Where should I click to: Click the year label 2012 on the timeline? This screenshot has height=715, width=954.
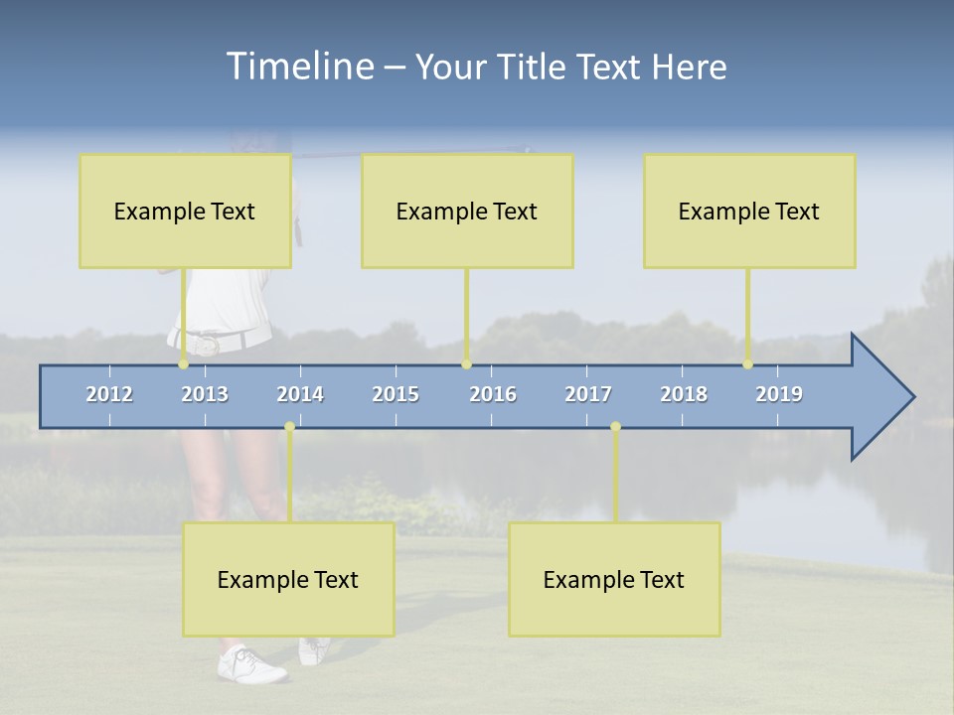[109, 394]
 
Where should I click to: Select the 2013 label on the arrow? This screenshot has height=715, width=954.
[205, 394]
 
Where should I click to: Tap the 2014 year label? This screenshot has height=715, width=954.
[300, 394]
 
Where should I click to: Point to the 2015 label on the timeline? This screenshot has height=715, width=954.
[396, 394]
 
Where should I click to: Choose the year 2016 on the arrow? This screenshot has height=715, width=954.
[493, 394]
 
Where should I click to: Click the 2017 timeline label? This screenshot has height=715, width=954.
[588, 394]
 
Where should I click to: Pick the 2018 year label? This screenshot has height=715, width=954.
[684, 394]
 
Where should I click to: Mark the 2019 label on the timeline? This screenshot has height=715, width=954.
[779, 394]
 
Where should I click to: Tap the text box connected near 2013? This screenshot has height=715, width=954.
[185, 211]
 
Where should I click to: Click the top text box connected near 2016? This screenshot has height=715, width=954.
[467, 211]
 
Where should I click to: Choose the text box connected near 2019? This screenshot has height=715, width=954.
[749, 211]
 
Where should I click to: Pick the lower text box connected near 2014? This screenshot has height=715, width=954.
[288, 579]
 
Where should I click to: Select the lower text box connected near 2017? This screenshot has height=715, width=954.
[614, 579]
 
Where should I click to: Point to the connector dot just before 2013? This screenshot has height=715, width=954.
[183, 364]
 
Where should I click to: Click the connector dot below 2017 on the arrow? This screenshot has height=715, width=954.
[615, 427]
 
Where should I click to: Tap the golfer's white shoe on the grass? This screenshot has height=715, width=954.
[252, 664]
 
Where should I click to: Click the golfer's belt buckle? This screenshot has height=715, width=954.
[207, 345]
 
